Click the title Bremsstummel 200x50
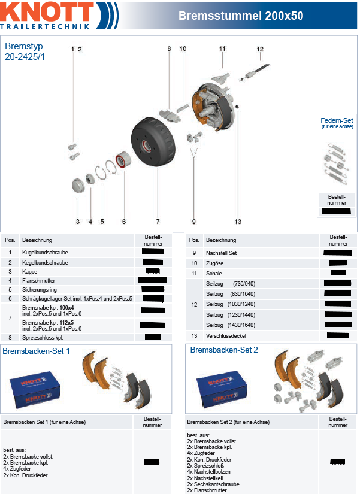tap(240, 16)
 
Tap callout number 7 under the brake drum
tap(158, 222)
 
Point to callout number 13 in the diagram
tap(237, 222)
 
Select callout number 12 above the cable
tap(260, 49)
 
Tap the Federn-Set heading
tap(337, 120)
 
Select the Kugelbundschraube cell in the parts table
tap(45, 253)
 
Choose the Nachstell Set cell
tap(221, 253)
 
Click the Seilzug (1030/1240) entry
tap(230, 305)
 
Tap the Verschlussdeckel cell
tap(225, 336)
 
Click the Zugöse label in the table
tap(214, 263)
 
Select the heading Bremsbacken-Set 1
tap(37, 350)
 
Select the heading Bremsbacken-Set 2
tap(224, 350)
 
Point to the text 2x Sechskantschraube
tap(213, 484)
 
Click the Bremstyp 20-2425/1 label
tap(25, 51)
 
